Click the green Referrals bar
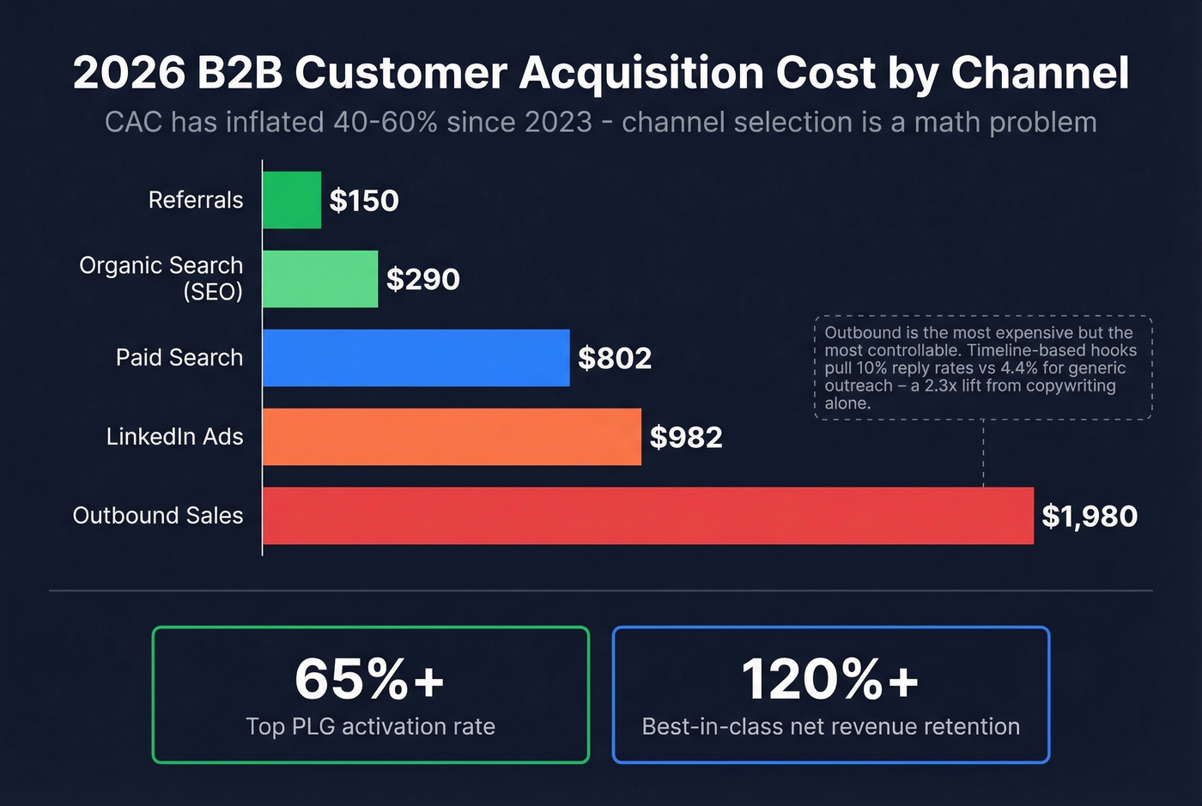[x=292, y=200]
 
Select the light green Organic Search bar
[x=320, y=279]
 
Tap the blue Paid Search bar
[x=416, y=358]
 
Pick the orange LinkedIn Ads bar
[x=452, y=437]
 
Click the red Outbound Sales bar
[x=647, y=516]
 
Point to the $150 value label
[x=364, y=201]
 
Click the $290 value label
[x=422, y=280]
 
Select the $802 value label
[x=615, y=359]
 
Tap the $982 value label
[x=686, y=438]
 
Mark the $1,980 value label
[x=1090, y=517]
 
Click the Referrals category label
[x=196, y=200]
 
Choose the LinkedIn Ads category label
[x=175, y=437]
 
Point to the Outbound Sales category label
[x=158, y=516]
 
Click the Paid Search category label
[x=179, y=358]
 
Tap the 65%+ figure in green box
[x=370, y=679]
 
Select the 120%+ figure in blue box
[x=830, y=679]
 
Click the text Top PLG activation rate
[x=370, y=727]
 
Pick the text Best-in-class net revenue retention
[x=830, y=727]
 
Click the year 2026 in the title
[x=129, y=73]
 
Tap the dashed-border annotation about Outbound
[x=982, y=367]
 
